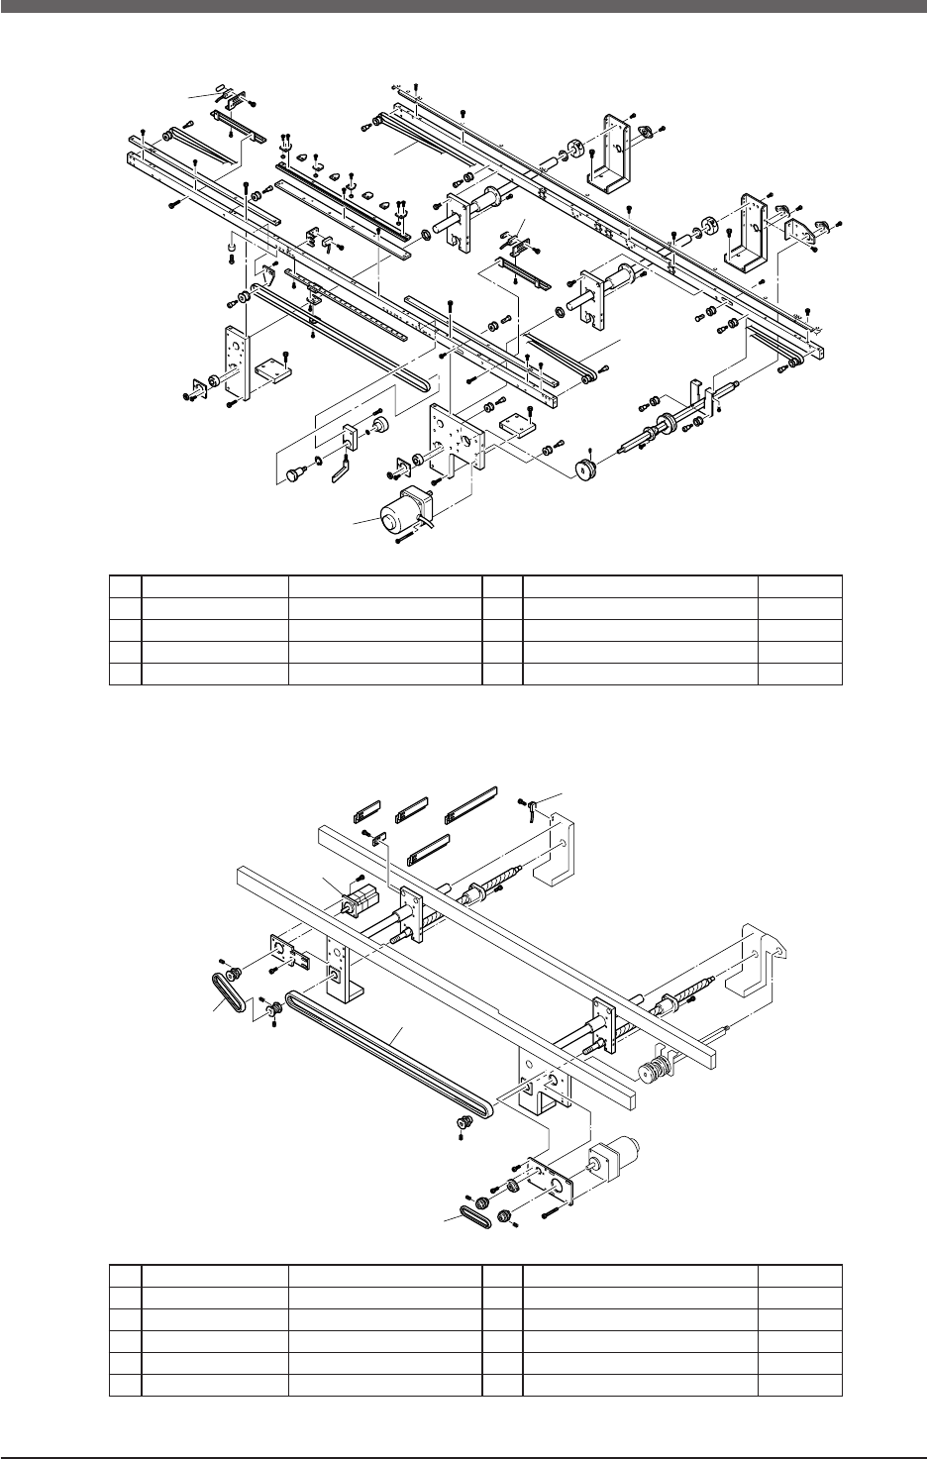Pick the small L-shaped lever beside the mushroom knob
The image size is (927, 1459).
click(x=342, y=469)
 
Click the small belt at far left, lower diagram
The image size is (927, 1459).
click(x=227, y=990)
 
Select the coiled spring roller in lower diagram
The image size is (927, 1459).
click(x=655, y=1071)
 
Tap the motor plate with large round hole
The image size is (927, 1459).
click(x=548, y=1179)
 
